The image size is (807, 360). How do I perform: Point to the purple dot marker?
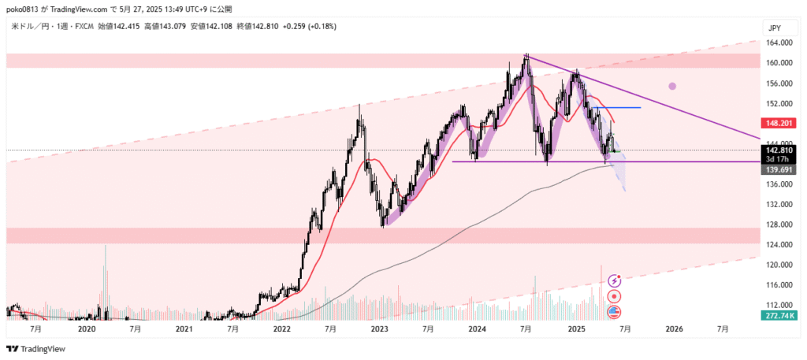[672, 86]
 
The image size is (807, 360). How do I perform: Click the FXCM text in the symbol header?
[80, 26]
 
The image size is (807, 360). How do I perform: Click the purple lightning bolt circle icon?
[615, 280]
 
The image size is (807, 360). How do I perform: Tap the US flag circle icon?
[615, 313]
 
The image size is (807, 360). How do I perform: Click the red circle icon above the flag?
[615, 296]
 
